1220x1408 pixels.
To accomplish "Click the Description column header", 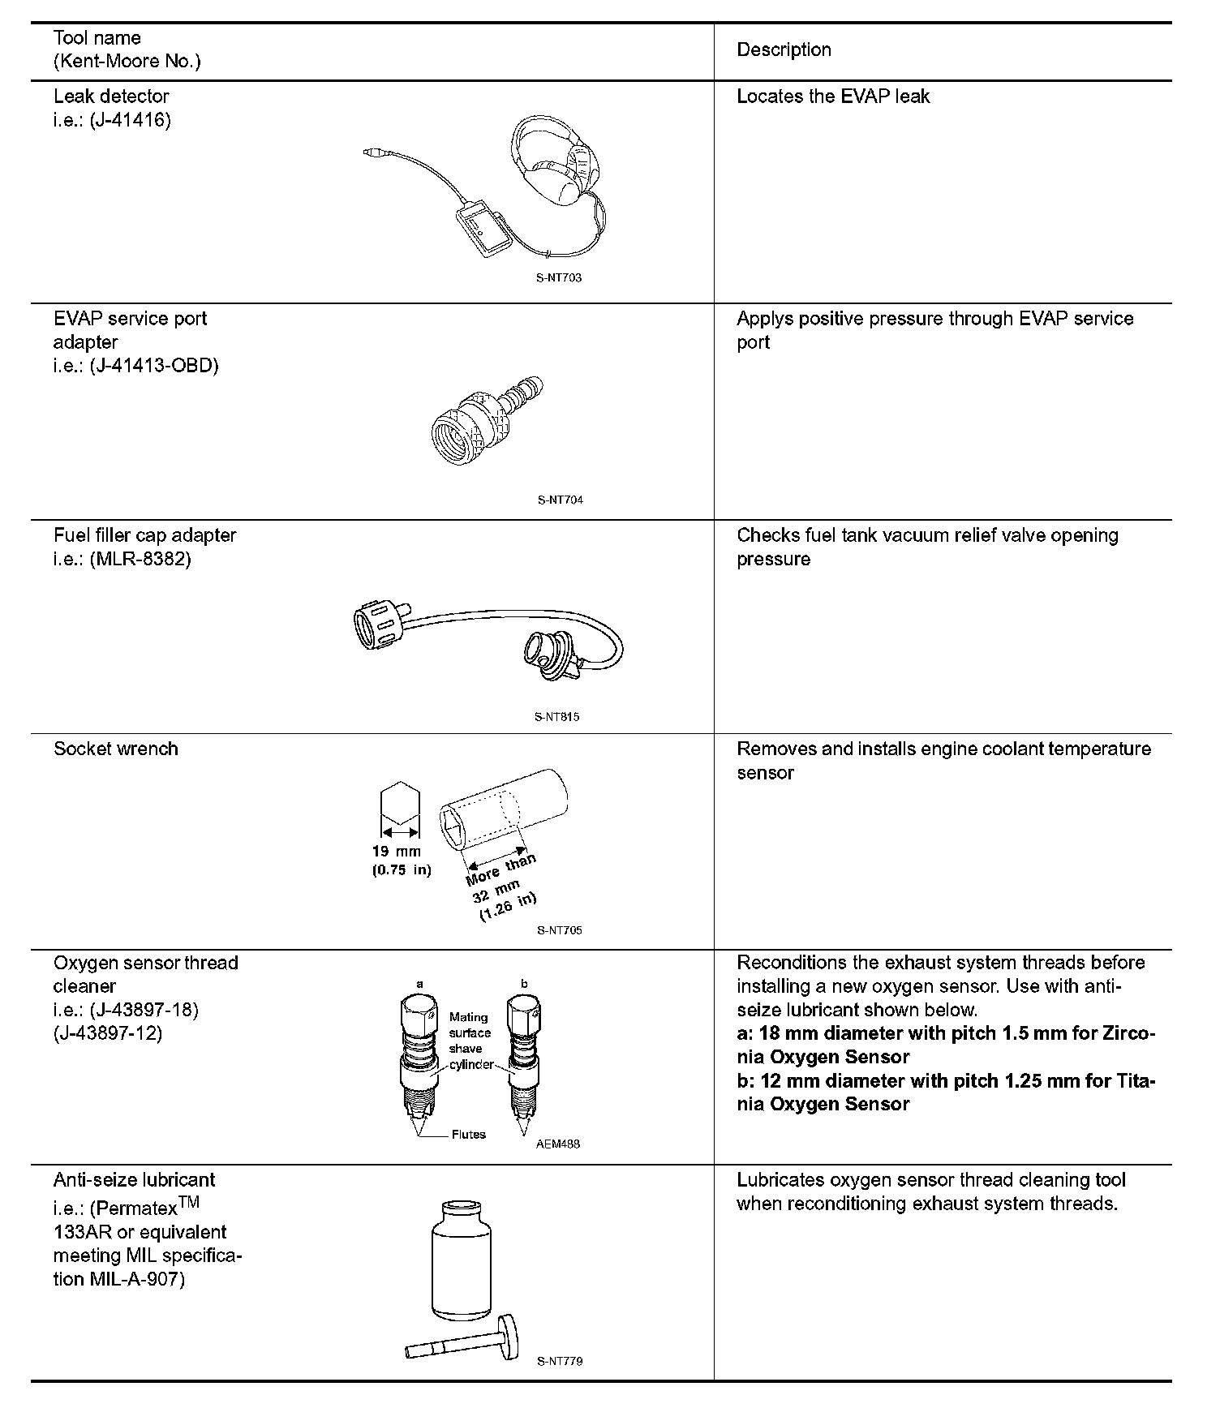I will [784, 49].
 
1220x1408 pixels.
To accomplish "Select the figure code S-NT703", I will [559, 277].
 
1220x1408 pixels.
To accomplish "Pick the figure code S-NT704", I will [560, 500].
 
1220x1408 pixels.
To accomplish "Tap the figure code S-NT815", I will [557, 717].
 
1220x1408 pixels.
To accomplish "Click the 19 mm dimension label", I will [397, 852].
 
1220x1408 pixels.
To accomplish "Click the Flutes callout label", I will [468, 1134].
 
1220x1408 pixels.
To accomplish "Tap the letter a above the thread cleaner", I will [419, 984].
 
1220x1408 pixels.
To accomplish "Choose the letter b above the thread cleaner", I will [524, 984].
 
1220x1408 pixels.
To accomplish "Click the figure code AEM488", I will [558, 1144].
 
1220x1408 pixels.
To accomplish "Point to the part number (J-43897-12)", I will [108, 1033].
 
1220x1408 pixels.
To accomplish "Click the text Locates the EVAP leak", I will [833, 97].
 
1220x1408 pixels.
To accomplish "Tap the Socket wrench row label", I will [116, 749].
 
